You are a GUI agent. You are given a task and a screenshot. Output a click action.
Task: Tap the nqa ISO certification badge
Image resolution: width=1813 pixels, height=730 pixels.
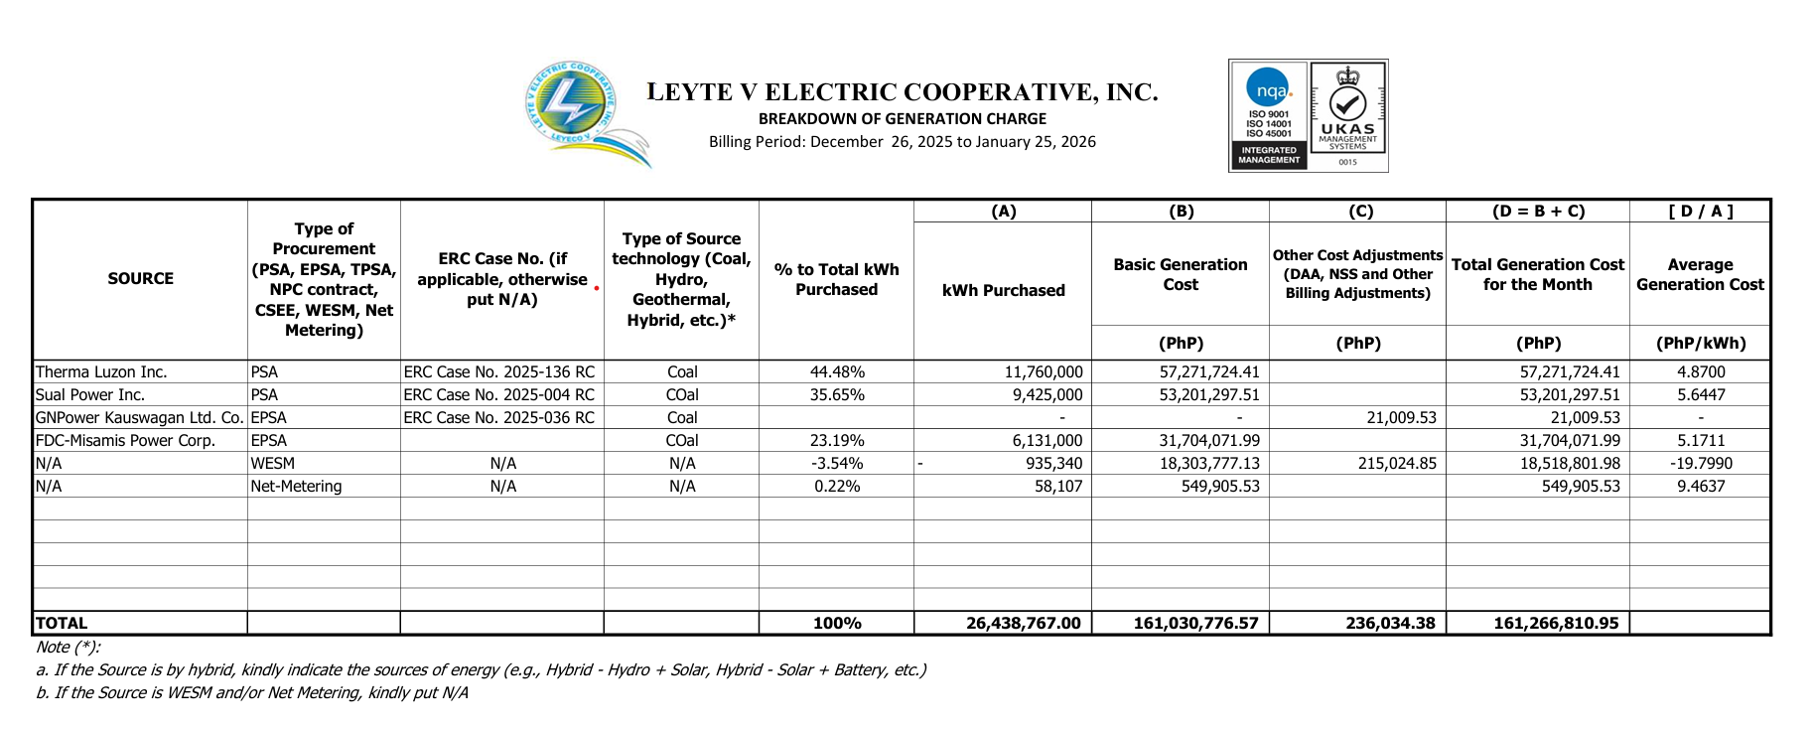pos(1269,115)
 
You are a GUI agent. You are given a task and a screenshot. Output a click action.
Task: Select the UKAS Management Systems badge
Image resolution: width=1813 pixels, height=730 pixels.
pos(1347,115)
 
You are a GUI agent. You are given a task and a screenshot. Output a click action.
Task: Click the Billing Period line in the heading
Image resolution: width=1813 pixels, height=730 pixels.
pos(902,142)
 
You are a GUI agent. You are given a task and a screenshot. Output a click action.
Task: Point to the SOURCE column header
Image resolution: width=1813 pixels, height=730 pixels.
pos(140,279)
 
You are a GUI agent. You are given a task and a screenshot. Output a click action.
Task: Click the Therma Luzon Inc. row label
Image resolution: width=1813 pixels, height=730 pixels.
pos(101,372)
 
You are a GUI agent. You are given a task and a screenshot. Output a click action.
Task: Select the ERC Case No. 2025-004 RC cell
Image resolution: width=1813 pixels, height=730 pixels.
pos(499,395)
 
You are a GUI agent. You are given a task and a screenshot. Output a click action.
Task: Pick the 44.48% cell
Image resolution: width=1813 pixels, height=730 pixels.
pos(837,372)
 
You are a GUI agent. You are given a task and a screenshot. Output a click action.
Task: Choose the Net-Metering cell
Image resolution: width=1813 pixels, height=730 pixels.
pos(296,487)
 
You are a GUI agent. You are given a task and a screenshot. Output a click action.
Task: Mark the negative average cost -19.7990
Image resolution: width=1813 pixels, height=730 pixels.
pos(1700,464)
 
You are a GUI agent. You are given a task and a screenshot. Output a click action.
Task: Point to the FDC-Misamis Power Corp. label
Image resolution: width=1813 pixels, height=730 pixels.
pos(125,441)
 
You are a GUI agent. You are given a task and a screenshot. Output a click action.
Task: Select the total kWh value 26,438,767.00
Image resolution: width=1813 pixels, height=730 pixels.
pos(1023,624)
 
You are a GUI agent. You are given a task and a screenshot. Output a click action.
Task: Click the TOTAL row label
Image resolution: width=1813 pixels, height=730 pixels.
pos(62,624)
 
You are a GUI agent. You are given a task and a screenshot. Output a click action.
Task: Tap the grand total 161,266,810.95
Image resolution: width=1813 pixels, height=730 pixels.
pos(1556,624)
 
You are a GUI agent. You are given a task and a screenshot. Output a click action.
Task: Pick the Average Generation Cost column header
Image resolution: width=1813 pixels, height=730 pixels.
pos(1700,275)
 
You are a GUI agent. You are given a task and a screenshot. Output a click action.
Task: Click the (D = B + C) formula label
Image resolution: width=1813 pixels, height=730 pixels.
pos(1538,212)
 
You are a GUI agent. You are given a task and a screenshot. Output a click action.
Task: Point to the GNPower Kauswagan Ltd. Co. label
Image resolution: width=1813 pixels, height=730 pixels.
pos(140,418)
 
